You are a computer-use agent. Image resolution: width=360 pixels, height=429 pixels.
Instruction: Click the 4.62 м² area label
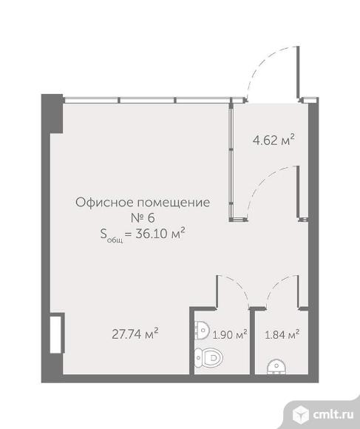pyautogui.click(x=274, y=138)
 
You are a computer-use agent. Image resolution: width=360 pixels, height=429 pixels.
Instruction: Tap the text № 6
pyautogui.click(x=142, y=217)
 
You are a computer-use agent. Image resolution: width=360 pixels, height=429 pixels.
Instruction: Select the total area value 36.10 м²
pyautogui.click(x=159, y=234)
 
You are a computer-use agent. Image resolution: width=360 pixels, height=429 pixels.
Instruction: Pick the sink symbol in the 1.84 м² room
pyautogui.click(x=276, y=365)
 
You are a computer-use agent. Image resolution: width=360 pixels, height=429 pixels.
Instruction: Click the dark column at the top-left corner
pyautogui.click(x=52, y=113)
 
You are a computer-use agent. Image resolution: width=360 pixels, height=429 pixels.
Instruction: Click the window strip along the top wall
pyautogui.click(x=148, y=100)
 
